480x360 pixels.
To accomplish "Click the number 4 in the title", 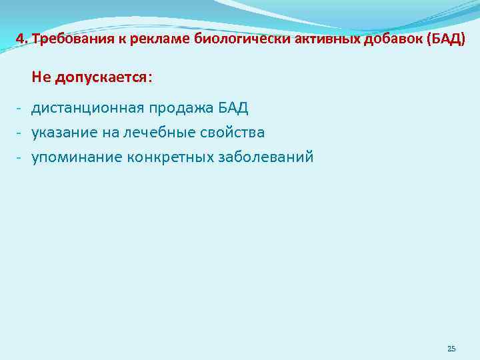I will coord(19,39).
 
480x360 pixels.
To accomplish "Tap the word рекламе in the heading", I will coord(141,39).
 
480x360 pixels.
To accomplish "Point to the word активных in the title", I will coord(301,39).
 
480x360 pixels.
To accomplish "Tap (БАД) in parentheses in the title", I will coord(443,39).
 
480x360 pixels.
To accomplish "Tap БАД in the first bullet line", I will coord(233,108).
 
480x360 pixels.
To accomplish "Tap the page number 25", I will coord(451,349).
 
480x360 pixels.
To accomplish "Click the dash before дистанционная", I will coord(20,108).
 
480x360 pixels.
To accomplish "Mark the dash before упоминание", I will coord(20,157).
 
